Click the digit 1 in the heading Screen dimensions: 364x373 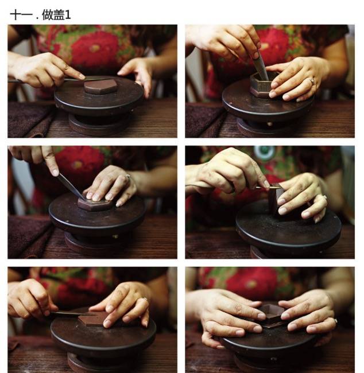click(68, 15)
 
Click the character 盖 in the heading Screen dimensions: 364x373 click(59, 15)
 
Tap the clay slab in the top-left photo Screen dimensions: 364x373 click(100, 86)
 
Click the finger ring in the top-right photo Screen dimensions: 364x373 click(312, 81)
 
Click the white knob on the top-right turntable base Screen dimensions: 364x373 click(269, 124)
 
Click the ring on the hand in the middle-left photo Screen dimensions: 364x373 click(128, 177)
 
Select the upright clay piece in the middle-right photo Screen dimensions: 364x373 click(276, 199)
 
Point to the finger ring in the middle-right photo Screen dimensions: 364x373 click(324, 197)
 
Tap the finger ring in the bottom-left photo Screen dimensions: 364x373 click(145, 299)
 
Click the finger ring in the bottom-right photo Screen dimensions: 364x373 click(336, 320)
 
